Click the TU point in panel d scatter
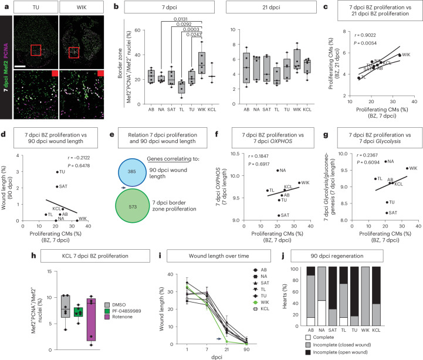pyautogui.click(x=57, y=172)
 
